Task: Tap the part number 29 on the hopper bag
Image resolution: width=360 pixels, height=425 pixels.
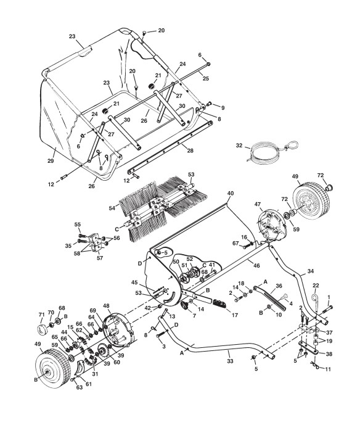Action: pyautogui.click(x=51, y=160)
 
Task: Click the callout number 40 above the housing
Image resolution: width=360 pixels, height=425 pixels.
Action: pyautogui.click(x=231, y=193)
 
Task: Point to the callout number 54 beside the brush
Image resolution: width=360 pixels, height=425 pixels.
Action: pyautogui.click(x=112, y=208)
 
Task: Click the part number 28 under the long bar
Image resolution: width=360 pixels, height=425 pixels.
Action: pyautogui.click(x=190, y=150)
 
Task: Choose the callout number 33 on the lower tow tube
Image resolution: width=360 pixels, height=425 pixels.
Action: pyautogui.click(x=230, y=361)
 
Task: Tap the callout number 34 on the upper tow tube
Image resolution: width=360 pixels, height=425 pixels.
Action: pyautogui.click(x=311, y=271)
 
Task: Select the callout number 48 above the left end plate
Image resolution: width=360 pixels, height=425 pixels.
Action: pyautogui.click(x=107, y=306)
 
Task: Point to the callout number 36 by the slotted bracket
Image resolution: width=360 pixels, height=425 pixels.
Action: pyautogui.click(x=279, y=286)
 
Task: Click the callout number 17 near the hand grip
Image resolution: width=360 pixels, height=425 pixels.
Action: pyautogui.click(x=235, y=315)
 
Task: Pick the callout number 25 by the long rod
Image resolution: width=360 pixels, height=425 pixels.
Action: pyautogui.click(x=206, y=78)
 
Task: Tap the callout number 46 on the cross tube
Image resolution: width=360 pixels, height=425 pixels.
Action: pyautogui.click(x=256, y=265)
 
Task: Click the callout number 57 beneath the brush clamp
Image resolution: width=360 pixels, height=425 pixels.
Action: pyautogui.click(x=100, y=258)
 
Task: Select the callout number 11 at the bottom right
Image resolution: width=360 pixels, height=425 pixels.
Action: pyautogui.click(x=328, y=369)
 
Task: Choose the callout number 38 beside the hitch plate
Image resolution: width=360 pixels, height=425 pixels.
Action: pyautogui.click(x=329, y=353)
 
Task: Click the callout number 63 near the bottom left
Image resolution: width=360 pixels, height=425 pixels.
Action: pyautogui.click(x=80, y=387)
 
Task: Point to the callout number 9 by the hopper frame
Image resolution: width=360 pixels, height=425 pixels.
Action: pyautogui.click(x=223, y=107)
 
